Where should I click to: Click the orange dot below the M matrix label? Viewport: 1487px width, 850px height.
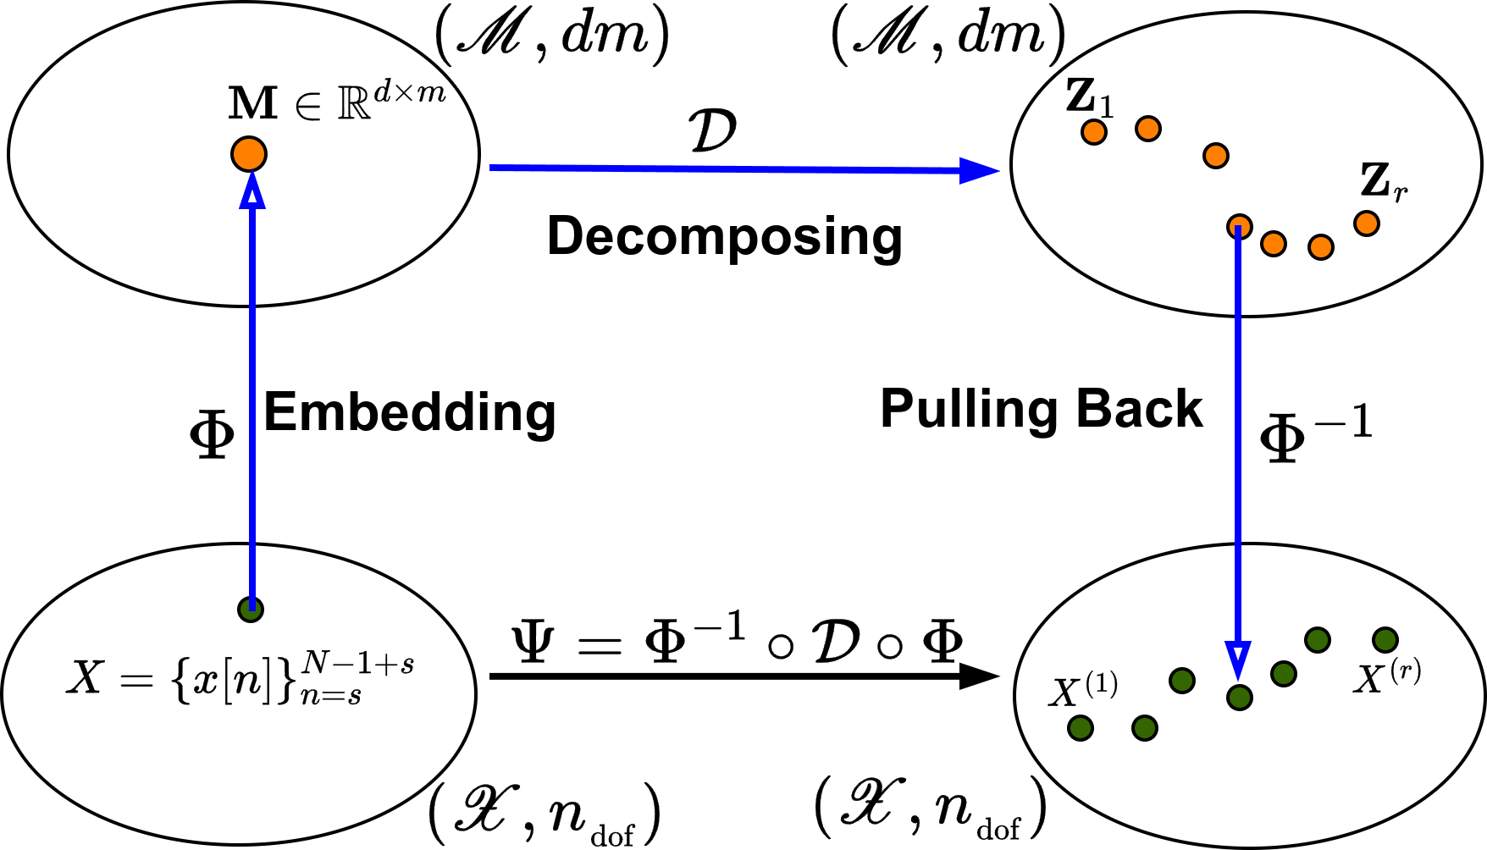pyautogui.click(x=248, y=154)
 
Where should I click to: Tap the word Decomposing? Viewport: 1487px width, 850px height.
pyautogui.click(x=725, y=236)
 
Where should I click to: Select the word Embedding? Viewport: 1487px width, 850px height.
pyautogui.click(x=410, y=413)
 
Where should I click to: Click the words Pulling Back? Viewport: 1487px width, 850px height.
pyautogui.click(x=1041, y=410)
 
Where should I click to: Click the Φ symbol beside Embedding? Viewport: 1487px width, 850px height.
pyautogui.click(x=212, y=437)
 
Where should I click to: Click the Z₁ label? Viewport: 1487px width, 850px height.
pyautogui.click(x=1089, y=98)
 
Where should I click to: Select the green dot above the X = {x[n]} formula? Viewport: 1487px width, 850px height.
pyautogui.click(x=250, y=609)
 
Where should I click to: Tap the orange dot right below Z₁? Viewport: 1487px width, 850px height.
pyautogui.click(x=1094, y=132)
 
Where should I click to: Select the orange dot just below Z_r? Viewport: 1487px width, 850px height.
pyautogui.click(x=1366, y=224)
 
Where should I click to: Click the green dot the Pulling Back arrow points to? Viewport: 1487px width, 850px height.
pyautogui.click(x=1239, y=698)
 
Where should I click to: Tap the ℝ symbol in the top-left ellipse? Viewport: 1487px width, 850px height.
pyautogui.click(x=354, y=104)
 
